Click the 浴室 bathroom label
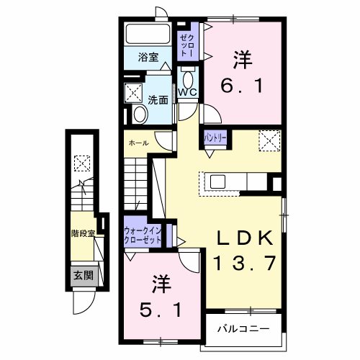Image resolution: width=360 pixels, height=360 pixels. coord(149,58)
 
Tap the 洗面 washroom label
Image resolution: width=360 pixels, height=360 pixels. coord(158,100)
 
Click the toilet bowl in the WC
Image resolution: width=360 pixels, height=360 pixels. coord(189,78)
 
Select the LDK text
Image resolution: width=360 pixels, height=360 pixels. coord(245,238)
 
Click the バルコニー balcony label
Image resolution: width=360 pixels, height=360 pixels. coord(245,330)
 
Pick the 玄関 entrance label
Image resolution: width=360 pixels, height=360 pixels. coord(82,274)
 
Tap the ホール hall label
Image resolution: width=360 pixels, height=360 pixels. coord(139,143)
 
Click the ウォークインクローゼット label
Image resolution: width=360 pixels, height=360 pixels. coord(143,234)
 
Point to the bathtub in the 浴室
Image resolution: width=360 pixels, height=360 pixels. coord(148,35)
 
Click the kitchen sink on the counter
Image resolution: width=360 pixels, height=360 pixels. coord(217,181)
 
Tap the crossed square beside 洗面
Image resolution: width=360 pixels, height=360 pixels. coord(135,91)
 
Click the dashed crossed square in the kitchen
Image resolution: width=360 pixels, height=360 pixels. coord(269,139)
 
